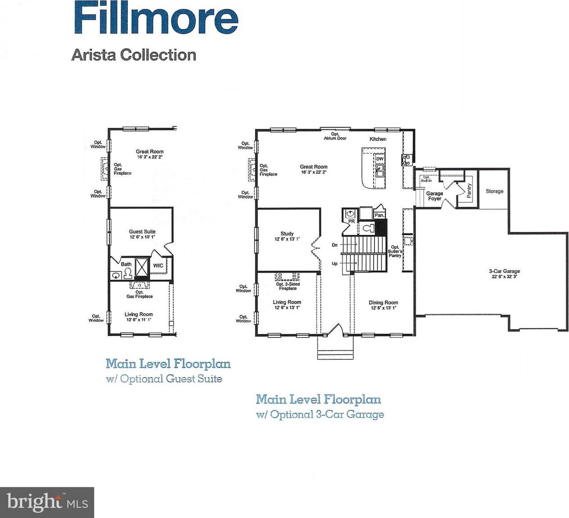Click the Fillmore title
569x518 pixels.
[x=156, y=17]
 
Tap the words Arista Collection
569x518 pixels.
[x=134, y=55]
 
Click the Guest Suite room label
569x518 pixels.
[x=142, y=232]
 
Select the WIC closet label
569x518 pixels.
[x=158, y=266]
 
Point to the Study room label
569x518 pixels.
[x=287, y=234]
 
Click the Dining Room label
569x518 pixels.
[x=383, y=303]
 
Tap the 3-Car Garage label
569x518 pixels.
[x=504, y=271]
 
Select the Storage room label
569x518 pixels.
[x=494, y=191]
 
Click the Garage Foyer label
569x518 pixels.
[x=434, y=196]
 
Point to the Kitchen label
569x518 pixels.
[x=378, y=139]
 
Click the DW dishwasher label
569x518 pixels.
[x=380, y=159]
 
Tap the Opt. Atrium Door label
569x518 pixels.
[x=335, y=136]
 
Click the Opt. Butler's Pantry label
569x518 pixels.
[x=395, y=251]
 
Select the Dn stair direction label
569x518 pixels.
[x=335, y=245]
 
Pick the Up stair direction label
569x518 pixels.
[x=335, y=264]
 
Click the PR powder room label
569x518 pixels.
[x=352, y=221]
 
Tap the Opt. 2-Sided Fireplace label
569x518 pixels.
[x=288, y=286]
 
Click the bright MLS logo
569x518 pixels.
[x=47, y=502]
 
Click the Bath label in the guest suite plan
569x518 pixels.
[x=126, y=264]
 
